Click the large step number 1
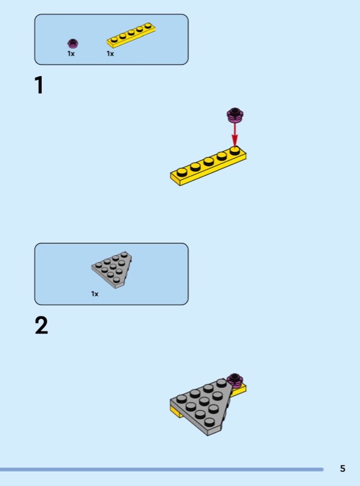39,85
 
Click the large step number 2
41,325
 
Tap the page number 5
342,468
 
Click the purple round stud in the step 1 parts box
73,44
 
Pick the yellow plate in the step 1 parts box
131,35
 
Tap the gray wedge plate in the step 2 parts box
112,269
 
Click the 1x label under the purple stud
71,53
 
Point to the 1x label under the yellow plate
110,53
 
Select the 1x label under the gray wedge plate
95,294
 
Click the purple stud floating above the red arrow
235,114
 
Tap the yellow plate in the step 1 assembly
208,166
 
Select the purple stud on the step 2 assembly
235,380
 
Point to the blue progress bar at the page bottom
161,470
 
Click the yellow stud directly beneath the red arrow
234,150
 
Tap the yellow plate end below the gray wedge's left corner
177,412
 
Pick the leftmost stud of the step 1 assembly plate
182,171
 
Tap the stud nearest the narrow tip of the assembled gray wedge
209,422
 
